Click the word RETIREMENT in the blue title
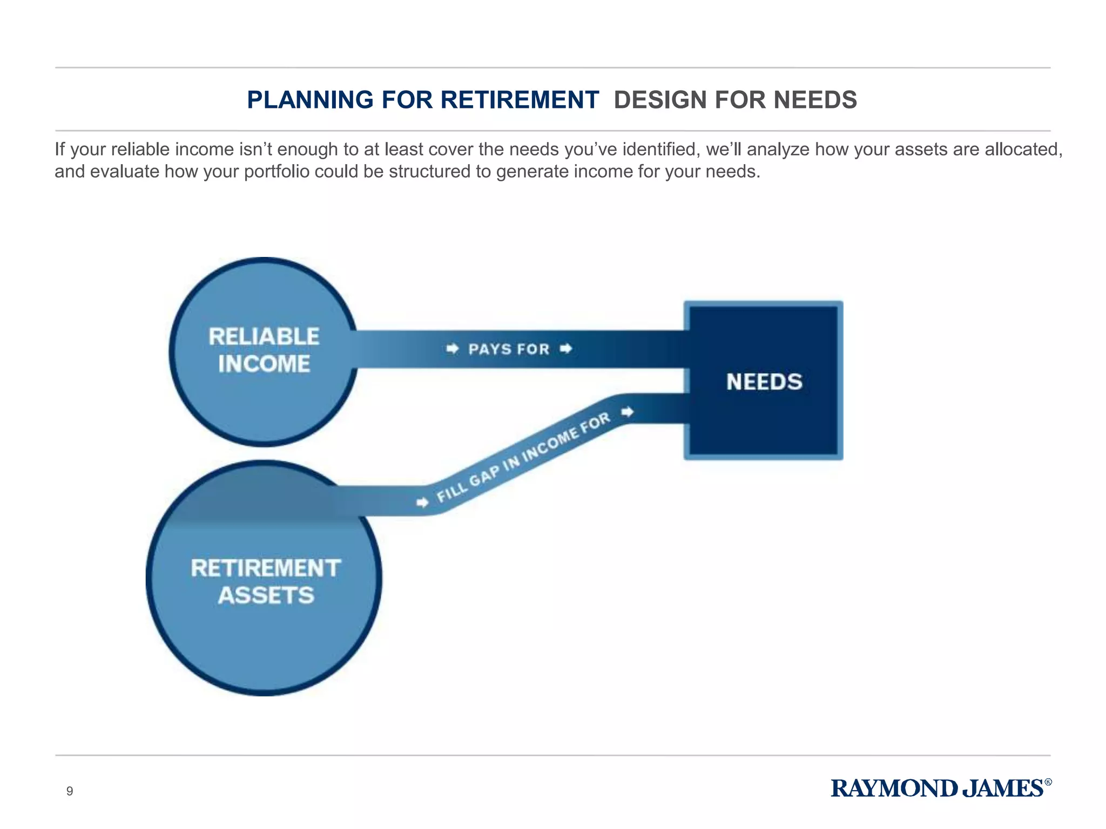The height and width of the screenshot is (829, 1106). point(520,100)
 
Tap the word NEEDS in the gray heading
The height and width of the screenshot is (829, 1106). point(815,100)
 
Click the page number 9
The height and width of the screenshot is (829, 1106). point(69,791)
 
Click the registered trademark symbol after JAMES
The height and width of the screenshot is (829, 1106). point(1048,782)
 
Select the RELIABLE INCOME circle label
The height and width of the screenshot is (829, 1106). point(264,350)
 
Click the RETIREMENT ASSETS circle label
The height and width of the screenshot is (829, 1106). point(266,582)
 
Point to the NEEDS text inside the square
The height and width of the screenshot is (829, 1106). point(764,382)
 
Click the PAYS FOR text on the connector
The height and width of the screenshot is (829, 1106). point(509,349)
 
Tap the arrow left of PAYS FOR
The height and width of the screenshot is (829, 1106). point(453,349)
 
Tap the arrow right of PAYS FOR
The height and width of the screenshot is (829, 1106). point(565,349)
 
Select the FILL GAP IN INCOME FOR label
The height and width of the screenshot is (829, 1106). point(523,457)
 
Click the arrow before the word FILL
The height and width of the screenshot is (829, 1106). point(423,502)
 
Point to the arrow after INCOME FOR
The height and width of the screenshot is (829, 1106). point(627,412)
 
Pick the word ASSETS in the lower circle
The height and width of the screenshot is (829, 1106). point(266,595)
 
